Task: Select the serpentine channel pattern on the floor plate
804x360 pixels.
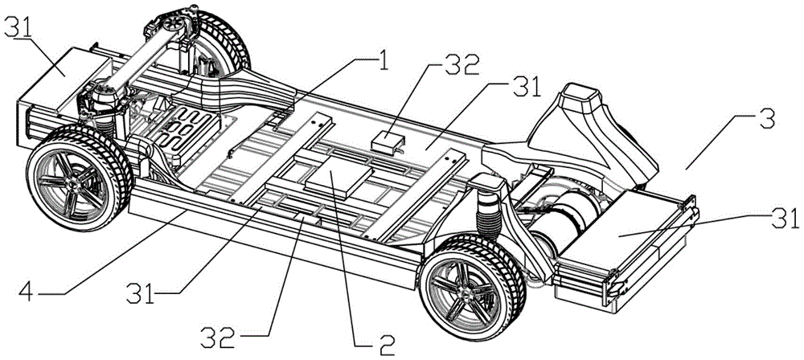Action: click(x=187, y=131)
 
